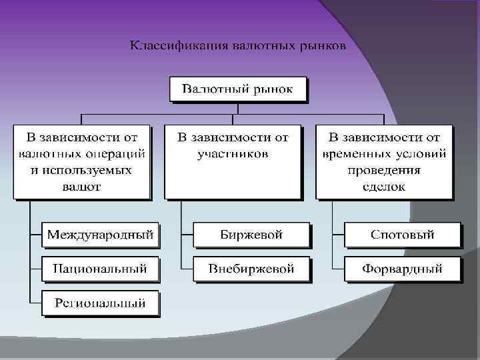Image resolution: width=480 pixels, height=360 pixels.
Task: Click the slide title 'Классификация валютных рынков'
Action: tap(237, 46)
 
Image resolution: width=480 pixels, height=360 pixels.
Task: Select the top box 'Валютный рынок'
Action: tap(237, 89)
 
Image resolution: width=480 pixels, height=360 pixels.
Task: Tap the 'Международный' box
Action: tap(100, 235)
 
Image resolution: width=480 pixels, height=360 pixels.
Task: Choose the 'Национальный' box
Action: tap(100, 269)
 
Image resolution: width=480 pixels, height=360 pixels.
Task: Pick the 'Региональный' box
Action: tap(100, 303)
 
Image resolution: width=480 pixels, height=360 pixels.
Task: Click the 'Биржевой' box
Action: tap(251, 235)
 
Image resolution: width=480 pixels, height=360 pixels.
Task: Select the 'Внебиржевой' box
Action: tap(251, 269)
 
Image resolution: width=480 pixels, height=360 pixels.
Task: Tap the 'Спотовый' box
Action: tap(402, 235)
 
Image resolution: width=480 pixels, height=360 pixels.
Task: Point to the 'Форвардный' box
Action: tap(402, 269)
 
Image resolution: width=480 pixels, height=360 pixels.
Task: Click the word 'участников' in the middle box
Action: tap(233, 154)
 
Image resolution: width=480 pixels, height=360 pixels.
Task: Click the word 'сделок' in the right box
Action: tap(384, 187)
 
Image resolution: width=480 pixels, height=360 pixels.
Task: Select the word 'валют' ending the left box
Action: tap(81, 187)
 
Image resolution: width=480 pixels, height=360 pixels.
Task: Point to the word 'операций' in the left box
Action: tap(118, 154)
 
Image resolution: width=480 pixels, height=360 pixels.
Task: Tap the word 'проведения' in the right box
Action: tap(384, 170)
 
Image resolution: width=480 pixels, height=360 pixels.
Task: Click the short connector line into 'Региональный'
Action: tap(35, 303)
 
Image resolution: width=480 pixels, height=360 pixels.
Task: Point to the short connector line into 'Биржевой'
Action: tap(187, 235)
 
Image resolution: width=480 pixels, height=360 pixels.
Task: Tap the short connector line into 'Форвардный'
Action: tap(337, 269)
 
